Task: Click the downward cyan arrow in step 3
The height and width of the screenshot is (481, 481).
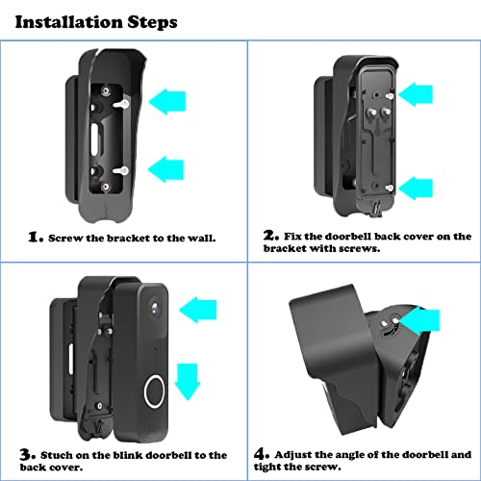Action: click(191, 369)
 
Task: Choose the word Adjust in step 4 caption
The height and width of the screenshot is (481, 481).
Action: click(294, 454)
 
